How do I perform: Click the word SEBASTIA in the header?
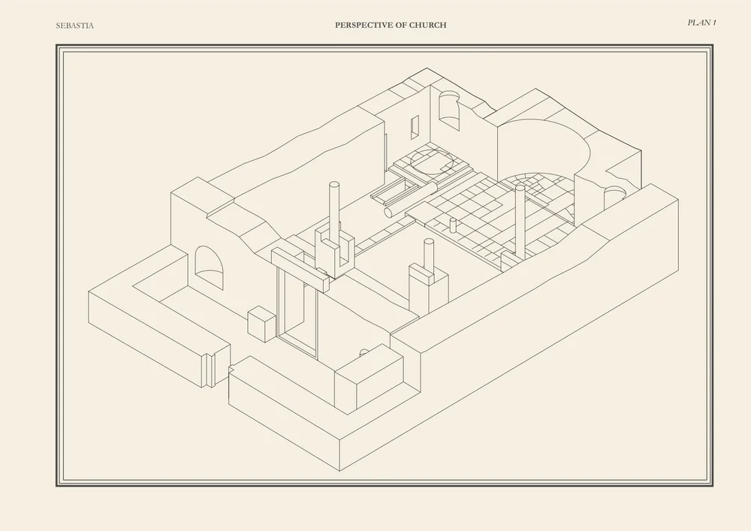coord(75,26)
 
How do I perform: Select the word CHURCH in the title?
coord(428,25)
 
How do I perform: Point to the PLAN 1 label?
coord(701,23)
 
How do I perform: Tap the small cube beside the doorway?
coord(261,324)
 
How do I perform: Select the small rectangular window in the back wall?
coord(414,127)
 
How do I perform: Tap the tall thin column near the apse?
coord(520,218)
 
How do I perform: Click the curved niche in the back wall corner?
coord(448,108)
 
